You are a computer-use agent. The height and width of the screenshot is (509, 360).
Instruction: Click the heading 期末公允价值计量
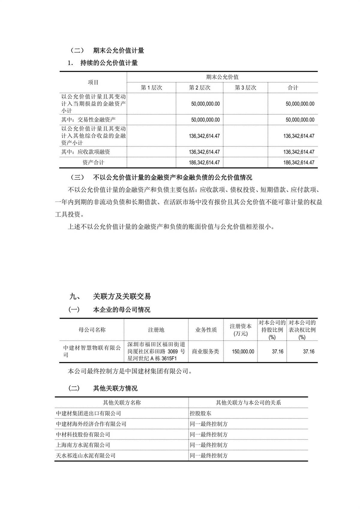[118, 50]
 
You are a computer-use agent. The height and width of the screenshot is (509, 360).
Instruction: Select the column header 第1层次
[151, 88]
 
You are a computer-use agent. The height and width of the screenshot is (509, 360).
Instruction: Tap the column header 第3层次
[245, 88]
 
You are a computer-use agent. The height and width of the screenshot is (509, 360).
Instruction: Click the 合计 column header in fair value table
[293, 88]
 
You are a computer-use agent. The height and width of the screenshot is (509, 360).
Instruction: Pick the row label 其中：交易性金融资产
[88, 120]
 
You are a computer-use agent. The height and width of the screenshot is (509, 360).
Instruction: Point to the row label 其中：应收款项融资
[86, 152]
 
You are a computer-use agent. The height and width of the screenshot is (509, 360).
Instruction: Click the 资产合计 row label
[93, 163]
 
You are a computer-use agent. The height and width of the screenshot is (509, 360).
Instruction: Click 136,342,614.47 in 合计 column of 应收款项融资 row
[299, 152]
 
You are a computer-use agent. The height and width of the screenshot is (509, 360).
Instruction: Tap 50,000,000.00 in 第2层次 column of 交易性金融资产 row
[205, 120]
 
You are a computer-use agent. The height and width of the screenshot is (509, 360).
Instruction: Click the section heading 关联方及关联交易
[122, 296]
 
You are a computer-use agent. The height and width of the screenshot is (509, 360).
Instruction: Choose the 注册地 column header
[156, 330]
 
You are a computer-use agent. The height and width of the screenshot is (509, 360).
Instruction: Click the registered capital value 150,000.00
[243, 352]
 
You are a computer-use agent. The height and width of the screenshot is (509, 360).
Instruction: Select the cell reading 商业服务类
[205, 352]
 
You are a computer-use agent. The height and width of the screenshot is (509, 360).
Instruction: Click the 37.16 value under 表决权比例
[308, 352]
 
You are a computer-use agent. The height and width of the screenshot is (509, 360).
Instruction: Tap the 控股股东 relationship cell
[200, 413]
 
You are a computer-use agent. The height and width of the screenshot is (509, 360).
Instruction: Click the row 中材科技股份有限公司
[83, 434]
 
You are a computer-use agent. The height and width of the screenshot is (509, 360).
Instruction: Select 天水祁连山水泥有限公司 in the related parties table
[86, 455]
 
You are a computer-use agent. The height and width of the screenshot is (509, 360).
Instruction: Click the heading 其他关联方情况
[115, 388]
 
